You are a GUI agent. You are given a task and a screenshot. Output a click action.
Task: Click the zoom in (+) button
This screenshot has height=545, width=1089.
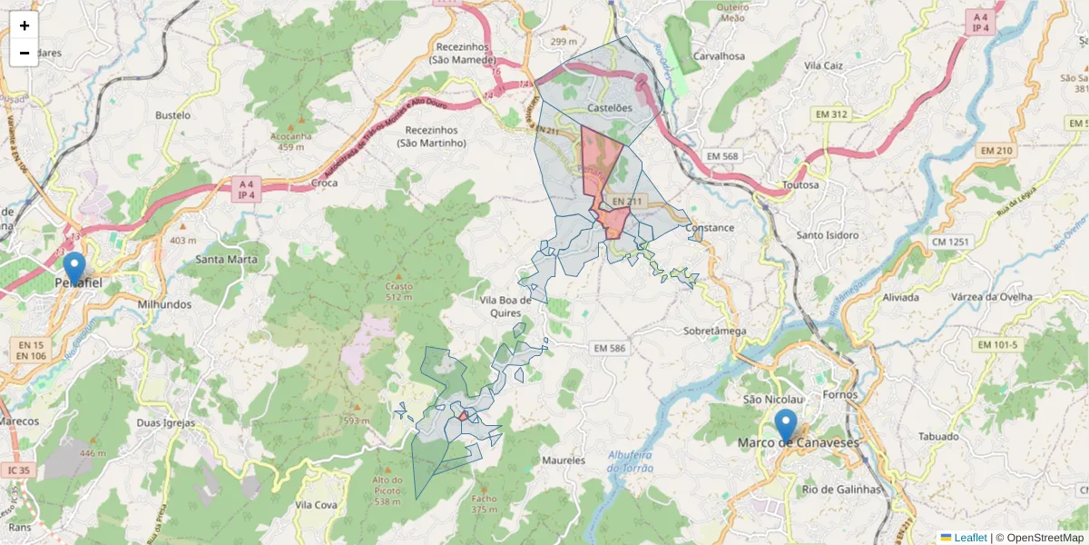(x=25, y=25)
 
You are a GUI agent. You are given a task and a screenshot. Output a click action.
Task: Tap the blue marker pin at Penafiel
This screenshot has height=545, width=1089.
(x=74, y=268)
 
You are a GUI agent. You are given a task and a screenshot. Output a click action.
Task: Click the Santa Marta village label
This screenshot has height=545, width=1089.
(x=226, y=259)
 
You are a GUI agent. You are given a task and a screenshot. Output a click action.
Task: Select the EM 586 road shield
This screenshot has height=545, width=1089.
(x=608, y=348)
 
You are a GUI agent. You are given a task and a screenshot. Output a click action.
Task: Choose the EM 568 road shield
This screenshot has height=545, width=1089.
(x=723, y=156)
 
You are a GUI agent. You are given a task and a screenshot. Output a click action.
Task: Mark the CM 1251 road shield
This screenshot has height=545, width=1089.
(x=949, y=242)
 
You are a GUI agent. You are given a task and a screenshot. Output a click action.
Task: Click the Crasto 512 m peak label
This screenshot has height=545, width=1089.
(x=398, y=291)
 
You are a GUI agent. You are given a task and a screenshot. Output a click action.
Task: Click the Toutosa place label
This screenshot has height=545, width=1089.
(x=800, y=184)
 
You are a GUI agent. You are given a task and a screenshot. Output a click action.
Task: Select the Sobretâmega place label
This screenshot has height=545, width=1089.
(x=714, y=332)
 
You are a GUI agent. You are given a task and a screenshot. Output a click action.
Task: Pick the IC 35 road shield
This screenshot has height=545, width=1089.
(x=17, y=471)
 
